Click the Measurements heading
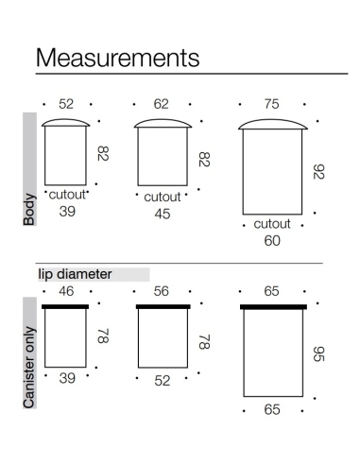(117, 58)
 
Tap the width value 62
(161, 104)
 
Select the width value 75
(271, 104)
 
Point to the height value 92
(318, 172)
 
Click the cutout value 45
(163, 214)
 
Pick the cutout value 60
(272, 241)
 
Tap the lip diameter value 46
(66, 291)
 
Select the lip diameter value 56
(161, 291)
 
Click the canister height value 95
(318, 354)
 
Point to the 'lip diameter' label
(75, 274)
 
